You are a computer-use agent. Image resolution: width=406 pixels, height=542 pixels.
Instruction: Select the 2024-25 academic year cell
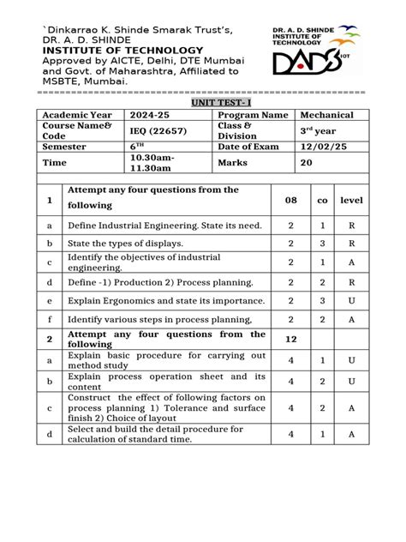pyautogui.click(x=150, y=116)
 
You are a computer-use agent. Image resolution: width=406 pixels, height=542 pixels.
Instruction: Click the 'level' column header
pyautogui.click(x=351, y=199)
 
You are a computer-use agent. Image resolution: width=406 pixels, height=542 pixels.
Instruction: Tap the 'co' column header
pyautogui.click(x=322, y=199)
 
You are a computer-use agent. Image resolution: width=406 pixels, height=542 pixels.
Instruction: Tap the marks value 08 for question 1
pyautogui.click(x=290, y=199)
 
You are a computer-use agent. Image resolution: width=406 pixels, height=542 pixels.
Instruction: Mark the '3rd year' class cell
pyautogui.click(x=315, y=130)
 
